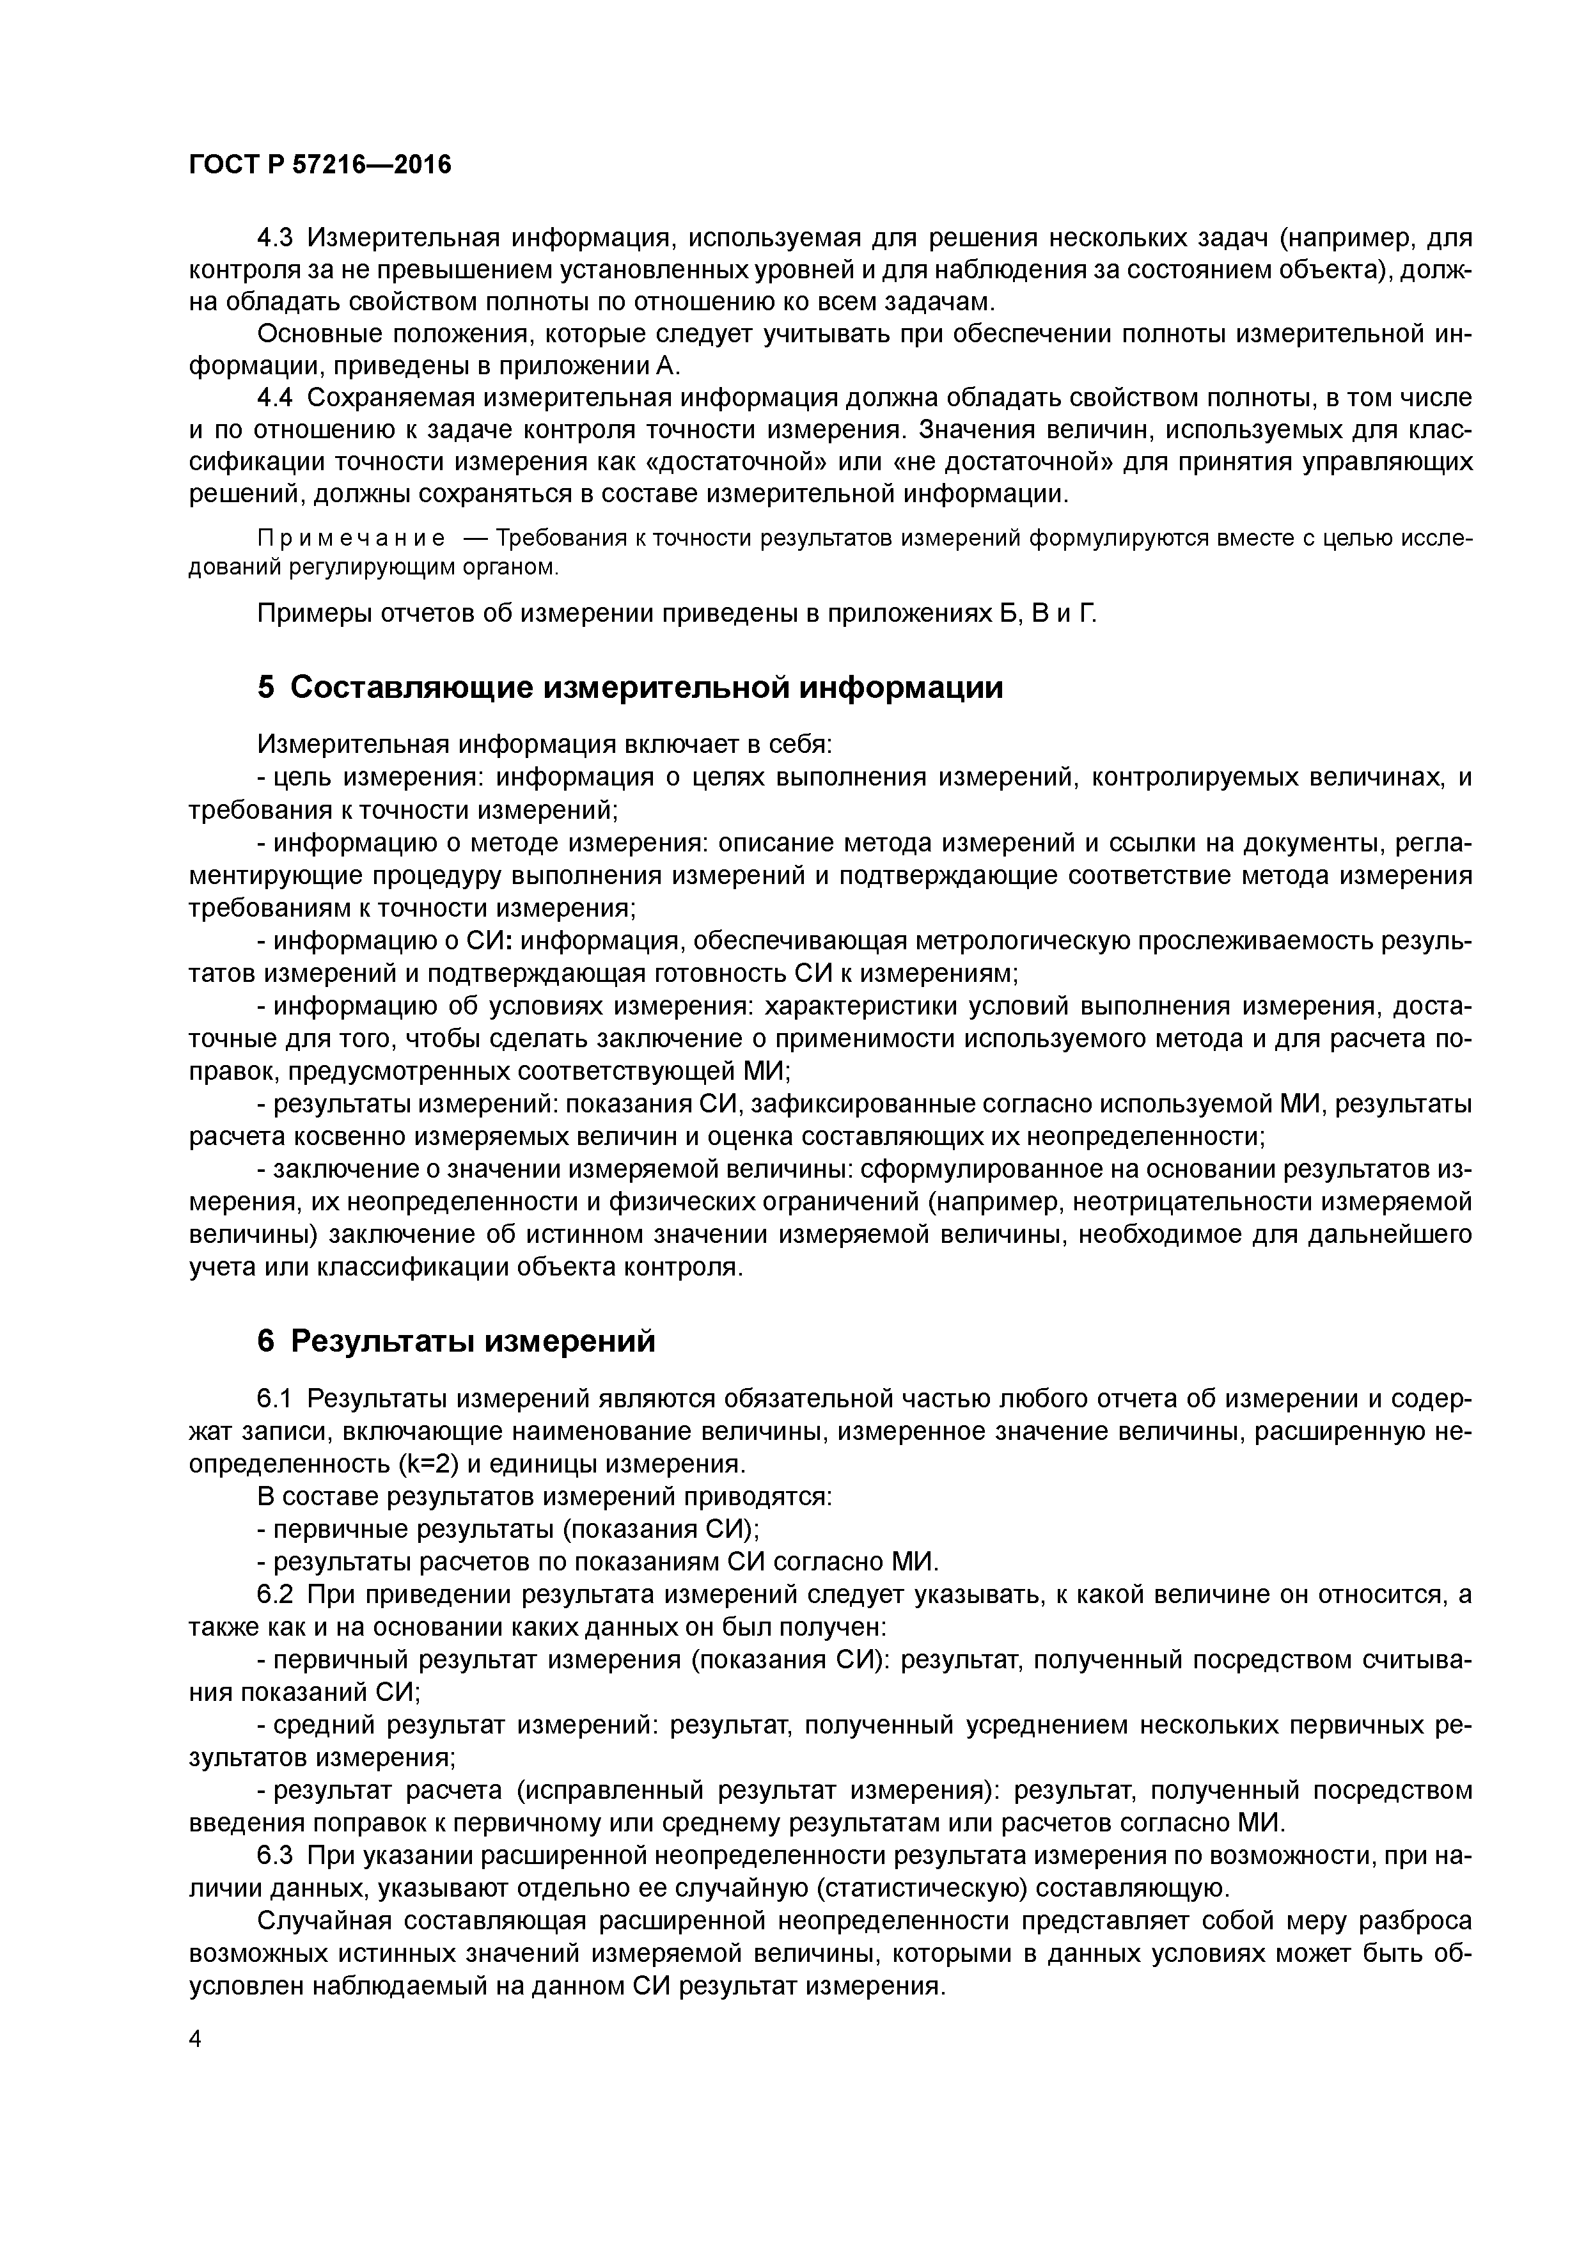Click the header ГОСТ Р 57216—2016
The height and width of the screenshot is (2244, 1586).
point(320,164)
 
